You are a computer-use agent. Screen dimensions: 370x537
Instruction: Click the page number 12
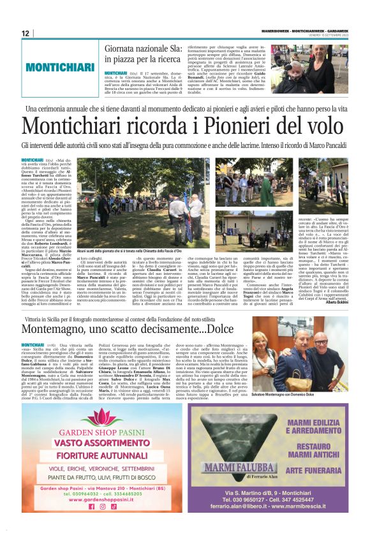coord(25,33)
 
